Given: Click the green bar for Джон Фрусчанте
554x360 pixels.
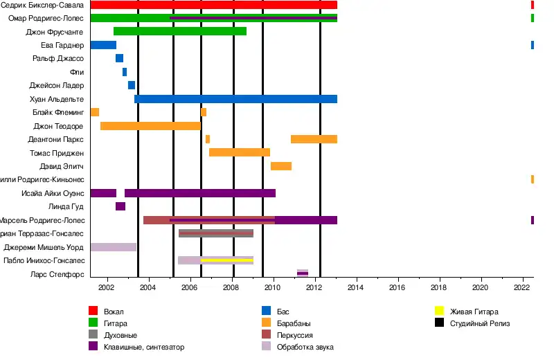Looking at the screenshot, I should (180, 31).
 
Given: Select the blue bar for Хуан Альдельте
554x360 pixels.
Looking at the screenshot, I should (235, 99).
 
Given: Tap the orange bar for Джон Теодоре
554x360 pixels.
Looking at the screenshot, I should (150, 126).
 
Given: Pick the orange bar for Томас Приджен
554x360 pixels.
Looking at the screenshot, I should (239, 152).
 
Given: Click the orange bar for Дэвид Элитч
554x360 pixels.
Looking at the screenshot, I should (280, 166).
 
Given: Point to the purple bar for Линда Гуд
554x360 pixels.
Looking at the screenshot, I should (120, 206).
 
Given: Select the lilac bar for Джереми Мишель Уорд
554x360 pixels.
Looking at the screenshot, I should (113, 247).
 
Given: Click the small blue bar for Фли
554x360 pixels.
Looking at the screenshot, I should (125, 72).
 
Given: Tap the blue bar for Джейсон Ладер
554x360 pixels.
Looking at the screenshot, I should (132, 85).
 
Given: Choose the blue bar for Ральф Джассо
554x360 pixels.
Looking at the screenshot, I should (120, 58).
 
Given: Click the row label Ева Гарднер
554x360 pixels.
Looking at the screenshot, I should (62, 45).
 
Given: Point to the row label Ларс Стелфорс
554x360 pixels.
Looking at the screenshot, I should (57, 274).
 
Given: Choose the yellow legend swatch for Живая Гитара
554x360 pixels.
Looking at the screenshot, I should (440, 311).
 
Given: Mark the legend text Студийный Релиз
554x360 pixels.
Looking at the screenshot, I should (478, 323).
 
